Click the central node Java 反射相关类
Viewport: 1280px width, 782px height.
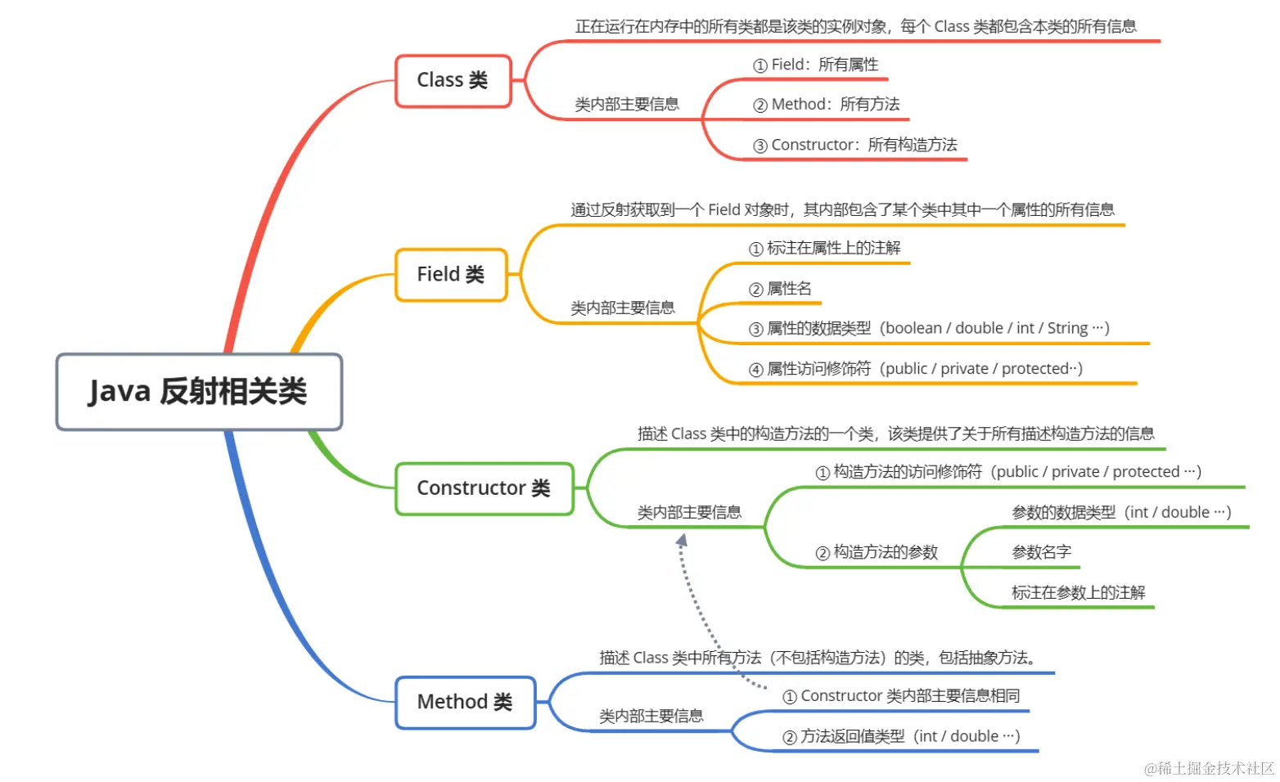point(198,392)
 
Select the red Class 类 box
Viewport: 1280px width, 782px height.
point(453,80)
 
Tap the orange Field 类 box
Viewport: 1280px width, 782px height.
point(451,274)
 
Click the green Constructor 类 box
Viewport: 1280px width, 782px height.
point(484,488)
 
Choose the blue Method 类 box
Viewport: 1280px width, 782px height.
point(465,702)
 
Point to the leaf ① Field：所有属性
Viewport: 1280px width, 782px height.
point(816,65)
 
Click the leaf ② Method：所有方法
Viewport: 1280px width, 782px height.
point(827,105)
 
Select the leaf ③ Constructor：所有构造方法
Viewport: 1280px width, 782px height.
point(855,145)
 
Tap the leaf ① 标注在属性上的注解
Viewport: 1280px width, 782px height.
point(825,248)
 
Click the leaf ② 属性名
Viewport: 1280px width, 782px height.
point(780,289)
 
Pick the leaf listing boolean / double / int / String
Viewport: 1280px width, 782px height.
point(929,328)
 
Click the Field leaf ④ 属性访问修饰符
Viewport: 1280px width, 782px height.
point(916,369)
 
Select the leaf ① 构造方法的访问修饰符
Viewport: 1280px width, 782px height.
point(1008,472)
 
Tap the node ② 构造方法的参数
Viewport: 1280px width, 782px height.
point(877,552)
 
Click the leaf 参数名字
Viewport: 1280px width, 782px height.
point(1041,552)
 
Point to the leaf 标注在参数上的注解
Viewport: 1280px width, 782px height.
point(1078,592)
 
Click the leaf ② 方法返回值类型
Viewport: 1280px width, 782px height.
point(901,736)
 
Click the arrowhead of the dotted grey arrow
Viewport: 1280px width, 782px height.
point(681,539)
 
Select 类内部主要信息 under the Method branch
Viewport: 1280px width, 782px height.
point(651,716)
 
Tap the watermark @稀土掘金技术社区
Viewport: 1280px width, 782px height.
point(1209,768)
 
